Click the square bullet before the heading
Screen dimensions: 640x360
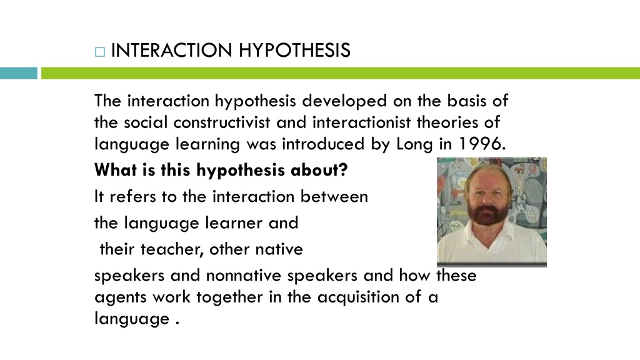point(100,52)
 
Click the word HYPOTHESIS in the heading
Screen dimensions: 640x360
point(294,50)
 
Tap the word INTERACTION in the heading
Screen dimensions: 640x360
point(171,50)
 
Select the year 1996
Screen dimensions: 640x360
point(482,144)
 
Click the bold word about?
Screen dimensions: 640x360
point(319,170)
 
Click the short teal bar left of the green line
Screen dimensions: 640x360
point(18,73)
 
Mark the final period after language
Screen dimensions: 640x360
point(177,323)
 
